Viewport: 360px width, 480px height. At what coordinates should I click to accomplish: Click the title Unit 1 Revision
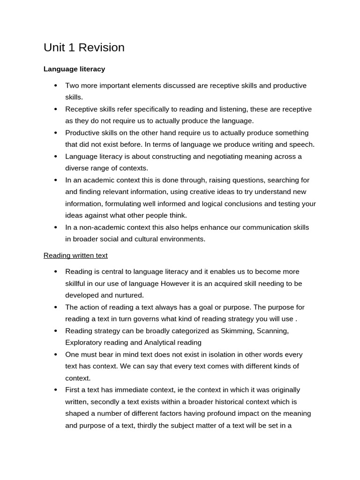point(84,48)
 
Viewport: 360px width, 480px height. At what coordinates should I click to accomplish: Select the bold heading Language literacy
point(74,69)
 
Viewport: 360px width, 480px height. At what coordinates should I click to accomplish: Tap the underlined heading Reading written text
point(75,255)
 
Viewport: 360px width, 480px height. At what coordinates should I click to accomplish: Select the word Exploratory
point(83,343)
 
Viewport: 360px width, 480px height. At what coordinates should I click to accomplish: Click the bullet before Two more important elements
point(55,86)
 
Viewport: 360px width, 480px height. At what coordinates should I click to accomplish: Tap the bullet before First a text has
point(55,390)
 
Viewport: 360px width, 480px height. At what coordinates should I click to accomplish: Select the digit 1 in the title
point(72,48)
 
